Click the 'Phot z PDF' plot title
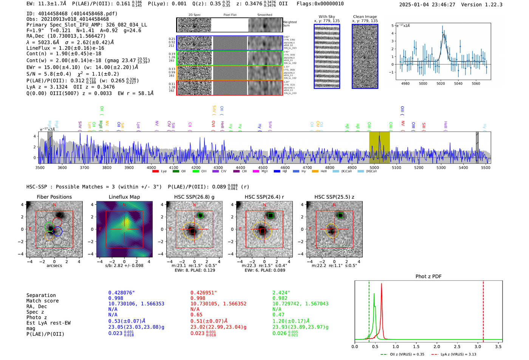tap(428, 276)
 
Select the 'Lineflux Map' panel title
tap(124, 197)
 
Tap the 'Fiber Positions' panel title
tap(54, 197)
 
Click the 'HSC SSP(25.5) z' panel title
tap(334, 197)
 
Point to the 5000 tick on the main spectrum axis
tap(374, 168)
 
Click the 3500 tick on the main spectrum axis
tap(40, 168)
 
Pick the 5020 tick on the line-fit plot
tap(441, 83)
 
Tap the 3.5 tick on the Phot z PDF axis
tap(498, 346)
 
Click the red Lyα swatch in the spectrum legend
tap(155, 172)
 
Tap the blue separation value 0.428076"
tap(121, 293)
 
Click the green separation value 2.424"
tap(281, 293)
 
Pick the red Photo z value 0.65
tap(196, 315)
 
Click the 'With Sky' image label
tap(326, 17)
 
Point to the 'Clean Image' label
tap(365, 17)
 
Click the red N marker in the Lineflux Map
tap(124, 205)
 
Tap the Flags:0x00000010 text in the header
tap(320, 4)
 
